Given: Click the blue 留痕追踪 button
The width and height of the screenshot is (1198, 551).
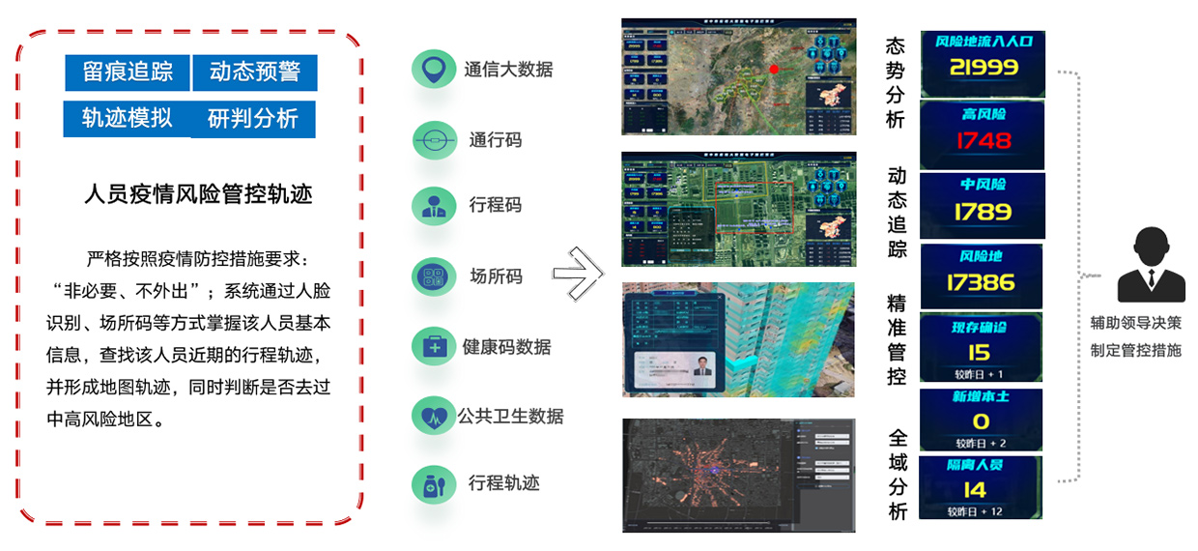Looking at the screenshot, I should pyautogui.click(x=127, y=72).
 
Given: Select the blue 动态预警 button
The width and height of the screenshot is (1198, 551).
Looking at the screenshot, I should pyautogui.click(x=255, y=72).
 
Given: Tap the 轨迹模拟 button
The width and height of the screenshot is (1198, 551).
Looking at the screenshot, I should pyautogui.click(x=127, y=118).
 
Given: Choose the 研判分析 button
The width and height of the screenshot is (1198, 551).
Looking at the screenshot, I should pyautogui.click(x=253, y=119).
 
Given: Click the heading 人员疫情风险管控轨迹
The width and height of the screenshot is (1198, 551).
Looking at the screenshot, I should pyautogui.click(x=198, y=193).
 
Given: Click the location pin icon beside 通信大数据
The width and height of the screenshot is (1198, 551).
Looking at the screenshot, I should pyautogui.click(x=433, y=69).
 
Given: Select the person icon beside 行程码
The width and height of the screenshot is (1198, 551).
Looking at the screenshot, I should pyautogui.click(x=433, y=206).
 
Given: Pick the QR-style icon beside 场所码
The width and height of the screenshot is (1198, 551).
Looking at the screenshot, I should pyautogui.click(x=433, y=276).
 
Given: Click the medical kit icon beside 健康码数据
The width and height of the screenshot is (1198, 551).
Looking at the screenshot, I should pyautogui.click(x=433, y=346).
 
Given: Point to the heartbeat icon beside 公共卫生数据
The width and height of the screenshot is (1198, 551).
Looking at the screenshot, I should pyautogui.click(x=433, y=416).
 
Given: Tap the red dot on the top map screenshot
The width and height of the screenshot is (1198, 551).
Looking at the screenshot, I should pyautogui.click(x=774, y=69).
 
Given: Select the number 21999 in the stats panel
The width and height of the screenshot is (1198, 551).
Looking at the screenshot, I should pyautogui.click(x=983, y=68).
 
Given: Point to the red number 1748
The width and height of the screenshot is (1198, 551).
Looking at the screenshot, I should pyautogui.click(x=983, y=140).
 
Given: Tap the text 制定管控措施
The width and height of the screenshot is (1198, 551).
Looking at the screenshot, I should pyautogui.click(x=1135, y=351).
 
